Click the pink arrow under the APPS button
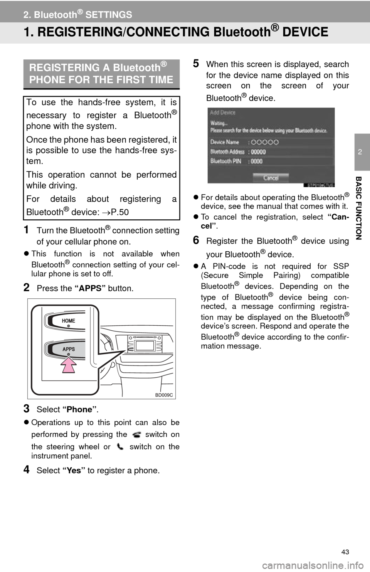(69, 365)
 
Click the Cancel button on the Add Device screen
(271, 178)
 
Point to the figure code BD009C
(164, 395)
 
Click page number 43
(345, 552)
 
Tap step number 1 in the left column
(26, 230)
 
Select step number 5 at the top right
(196, 64)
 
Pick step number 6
(196, 240)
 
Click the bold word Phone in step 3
(79, 409)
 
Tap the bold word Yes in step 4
(74, 470)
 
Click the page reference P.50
(120, 212)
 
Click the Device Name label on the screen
(225, 142)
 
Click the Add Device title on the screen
(222, 113)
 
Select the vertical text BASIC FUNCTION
(359, 208)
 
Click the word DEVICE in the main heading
(305, 32)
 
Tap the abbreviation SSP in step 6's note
(341, 266)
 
